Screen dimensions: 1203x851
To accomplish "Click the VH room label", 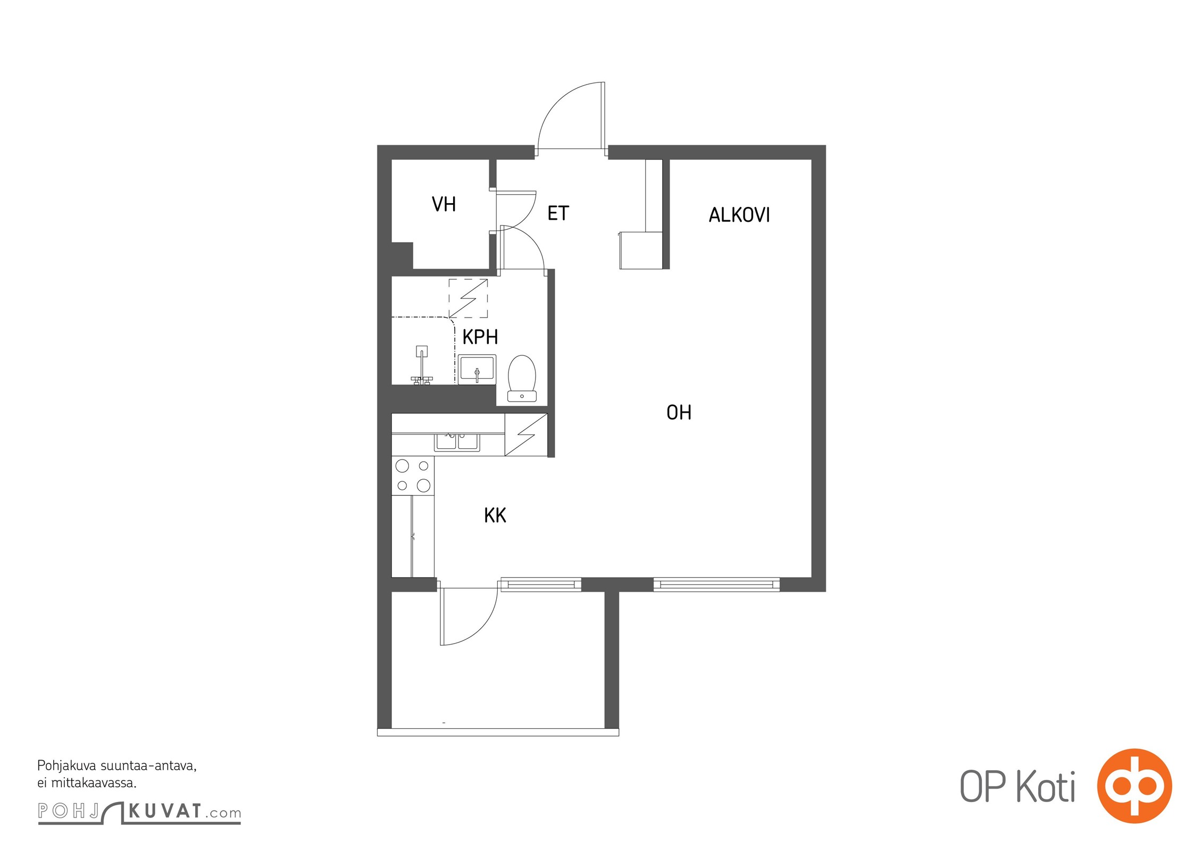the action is tap(444, 204).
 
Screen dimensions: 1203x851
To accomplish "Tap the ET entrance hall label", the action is tap(558, 213).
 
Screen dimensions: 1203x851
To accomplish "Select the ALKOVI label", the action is tap(739, 215).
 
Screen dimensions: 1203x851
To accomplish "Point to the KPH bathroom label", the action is tap(480, 337).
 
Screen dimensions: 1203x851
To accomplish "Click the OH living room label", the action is tap(679, 412).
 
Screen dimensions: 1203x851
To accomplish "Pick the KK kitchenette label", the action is tap(495, 515).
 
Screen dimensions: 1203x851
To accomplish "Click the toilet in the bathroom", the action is tap(522, 378).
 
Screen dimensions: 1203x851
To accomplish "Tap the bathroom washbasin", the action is tap(477, 369).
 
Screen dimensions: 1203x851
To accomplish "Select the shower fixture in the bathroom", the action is tap(422, 365).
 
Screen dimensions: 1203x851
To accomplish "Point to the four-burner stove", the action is tap(413, 475).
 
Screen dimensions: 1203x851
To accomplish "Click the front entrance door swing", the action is tap(571, 116).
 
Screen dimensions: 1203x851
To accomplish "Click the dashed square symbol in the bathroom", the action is tap(468, 298).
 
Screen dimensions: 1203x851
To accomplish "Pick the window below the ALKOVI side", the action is tap(716, 585).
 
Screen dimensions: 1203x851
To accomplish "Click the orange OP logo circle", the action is tap(1134, 786).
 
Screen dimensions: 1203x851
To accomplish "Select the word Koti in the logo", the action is tap(1046, 787).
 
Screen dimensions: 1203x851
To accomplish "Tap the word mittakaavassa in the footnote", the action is tap(94, 783).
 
